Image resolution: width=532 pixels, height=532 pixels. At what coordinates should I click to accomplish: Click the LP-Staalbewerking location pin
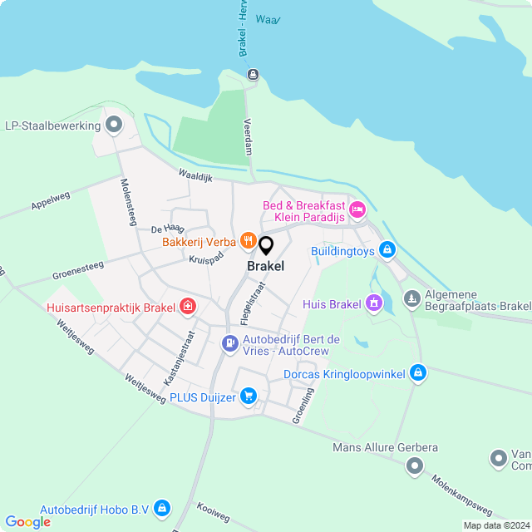tap(115, 126)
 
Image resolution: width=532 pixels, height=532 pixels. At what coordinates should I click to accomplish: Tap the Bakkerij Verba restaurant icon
tap(247, 241)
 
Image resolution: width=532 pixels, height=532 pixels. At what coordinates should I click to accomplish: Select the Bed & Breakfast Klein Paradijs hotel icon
tap(357, 209)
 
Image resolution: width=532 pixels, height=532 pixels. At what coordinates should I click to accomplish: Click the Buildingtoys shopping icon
tap(387, 249)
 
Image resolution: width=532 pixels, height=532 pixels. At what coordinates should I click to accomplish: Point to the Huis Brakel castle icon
tap(374, 303)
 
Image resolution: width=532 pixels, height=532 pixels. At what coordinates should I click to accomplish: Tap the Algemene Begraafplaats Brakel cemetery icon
tap(411, 298)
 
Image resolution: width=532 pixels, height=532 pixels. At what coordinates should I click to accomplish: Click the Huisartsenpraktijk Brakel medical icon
tap(188, 307)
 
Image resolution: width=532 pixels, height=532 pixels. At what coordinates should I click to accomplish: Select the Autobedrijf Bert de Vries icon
tap(229, 342)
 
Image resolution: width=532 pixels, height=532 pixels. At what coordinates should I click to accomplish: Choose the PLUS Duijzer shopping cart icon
tap(248, 397)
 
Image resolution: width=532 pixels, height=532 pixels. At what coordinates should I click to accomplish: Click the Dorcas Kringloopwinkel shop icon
tap(418, 374)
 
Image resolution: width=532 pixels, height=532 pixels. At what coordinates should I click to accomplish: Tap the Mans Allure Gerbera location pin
tap(413, 467)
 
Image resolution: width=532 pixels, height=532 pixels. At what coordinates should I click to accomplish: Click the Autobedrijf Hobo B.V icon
tap(162, 507)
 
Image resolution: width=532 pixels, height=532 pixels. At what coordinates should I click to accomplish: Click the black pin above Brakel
tap(266, 246)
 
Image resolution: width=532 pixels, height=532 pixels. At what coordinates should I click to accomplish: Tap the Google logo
tap(27, 521)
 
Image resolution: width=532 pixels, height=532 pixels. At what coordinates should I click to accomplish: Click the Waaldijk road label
tap(196, 175)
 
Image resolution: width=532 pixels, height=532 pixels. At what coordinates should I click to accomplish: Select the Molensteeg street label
tap(128, 202)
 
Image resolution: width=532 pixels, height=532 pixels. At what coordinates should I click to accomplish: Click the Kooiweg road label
tap(214, 511)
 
